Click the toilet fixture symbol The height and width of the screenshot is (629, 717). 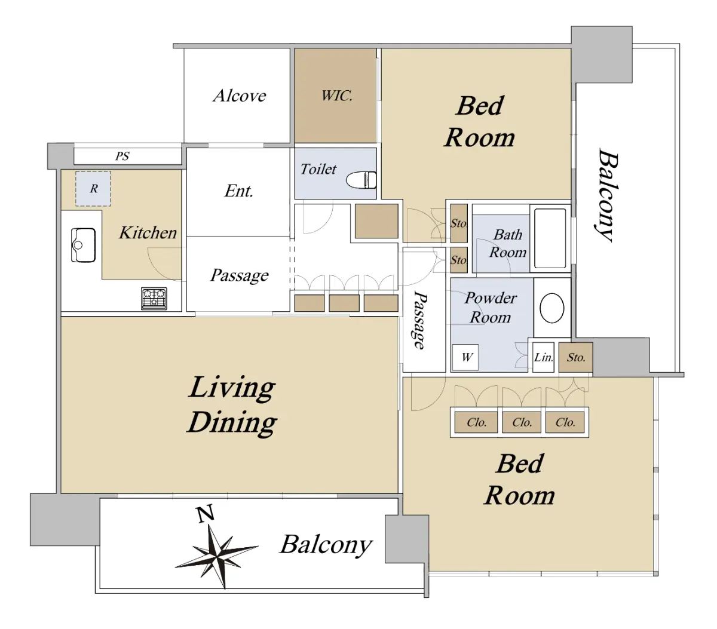pos(361,180)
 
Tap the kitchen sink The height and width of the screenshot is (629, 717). pos(83,245)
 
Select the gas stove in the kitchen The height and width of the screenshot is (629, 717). pos(154,298)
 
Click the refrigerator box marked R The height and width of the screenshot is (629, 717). pos(93,188)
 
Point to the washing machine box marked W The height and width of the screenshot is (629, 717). pos(465,357)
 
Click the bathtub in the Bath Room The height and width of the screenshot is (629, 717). pos(550,238)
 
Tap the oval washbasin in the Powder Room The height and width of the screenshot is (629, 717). pos(551,308)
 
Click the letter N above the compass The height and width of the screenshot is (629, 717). pos(206,514)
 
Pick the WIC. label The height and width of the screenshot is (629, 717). pos(336,96)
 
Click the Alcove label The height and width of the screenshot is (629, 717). pos(239,96)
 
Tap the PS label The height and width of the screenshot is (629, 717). pos(122,156)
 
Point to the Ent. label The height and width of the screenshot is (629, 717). pos(239,191)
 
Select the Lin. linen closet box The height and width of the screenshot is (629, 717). pos(543,357)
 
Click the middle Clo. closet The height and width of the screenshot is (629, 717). pos(521,422)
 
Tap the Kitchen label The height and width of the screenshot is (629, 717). pos(148,232)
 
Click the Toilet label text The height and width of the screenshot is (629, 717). pos(318,169)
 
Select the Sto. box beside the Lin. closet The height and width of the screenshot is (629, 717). pos(575,357)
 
